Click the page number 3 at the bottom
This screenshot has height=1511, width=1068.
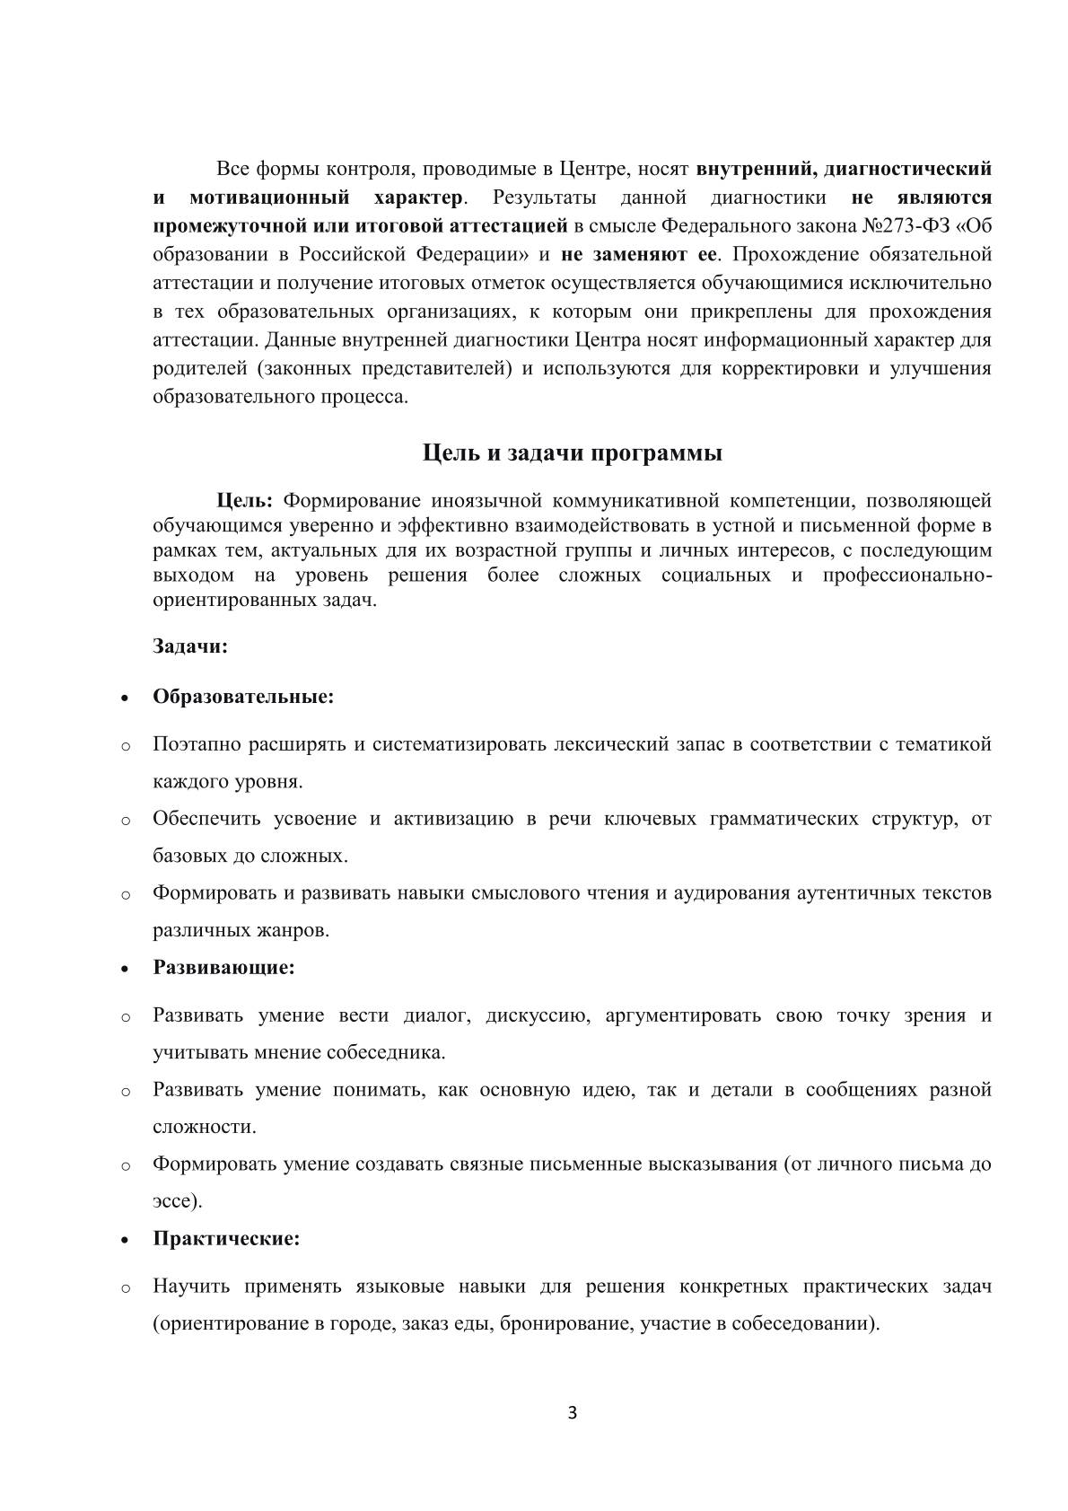(573, 1413)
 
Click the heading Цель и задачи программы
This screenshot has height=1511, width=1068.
(573, 453)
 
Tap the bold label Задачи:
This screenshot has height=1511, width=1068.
(190, 646)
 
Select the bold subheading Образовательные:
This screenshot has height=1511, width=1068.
(243, 697)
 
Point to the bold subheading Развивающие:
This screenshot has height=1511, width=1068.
(224, 968)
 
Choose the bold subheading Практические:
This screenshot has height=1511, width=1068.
(226, 1239)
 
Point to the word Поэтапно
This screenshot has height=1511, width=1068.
(197, 744)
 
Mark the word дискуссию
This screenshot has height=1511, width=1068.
(537, 1015)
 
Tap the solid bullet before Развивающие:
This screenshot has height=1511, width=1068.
(126, 970)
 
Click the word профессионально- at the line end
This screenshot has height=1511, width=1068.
(906, 575)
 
